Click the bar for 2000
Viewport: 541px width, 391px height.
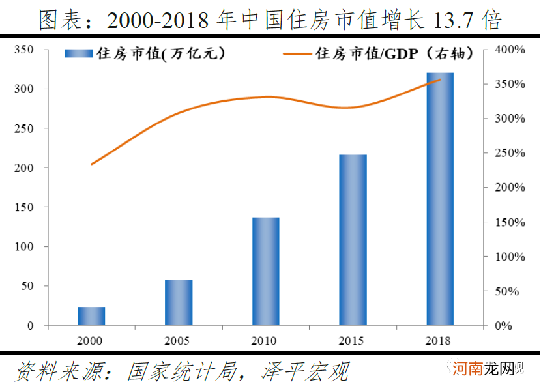click(x=91, y=316)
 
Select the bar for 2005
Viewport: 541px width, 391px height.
click(x=179, y=303)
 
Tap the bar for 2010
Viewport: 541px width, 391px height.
click(x=265, y=272)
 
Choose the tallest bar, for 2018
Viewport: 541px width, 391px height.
click(x=440, y=199)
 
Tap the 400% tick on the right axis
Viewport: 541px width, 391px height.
click(x=511, y=50)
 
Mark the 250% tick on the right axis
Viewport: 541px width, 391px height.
click(x=511, y=153)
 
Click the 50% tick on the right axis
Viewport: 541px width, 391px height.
click(x=508, y=291)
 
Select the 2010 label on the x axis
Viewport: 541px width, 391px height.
click(x=265, y=341)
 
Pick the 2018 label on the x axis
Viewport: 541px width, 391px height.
click(x=440, y=341)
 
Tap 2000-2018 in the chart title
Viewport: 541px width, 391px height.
click(x=156, y=21)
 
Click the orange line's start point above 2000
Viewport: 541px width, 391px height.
click(x=91, y=164)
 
